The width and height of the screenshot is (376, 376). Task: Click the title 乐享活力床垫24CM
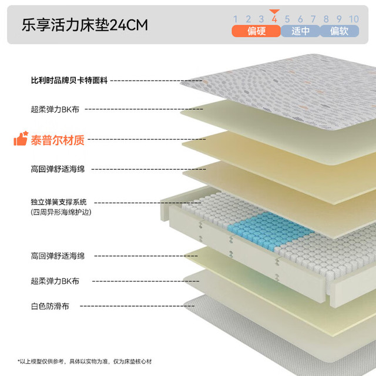(85, 25)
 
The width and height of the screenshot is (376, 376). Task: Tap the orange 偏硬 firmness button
(256, 31)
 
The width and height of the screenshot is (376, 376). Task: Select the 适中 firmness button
(300, 31)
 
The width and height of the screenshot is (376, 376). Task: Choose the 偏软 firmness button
(340, 31)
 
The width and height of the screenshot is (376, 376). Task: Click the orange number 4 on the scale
(274, 19)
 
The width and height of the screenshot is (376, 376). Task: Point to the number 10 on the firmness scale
(354, 19)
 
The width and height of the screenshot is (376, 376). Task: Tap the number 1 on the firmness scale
(235, 19)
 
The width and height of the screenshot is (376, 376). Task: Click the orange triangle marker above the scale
(274, 12)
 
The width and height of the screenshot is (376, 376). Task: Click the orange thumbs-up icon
(21, 139)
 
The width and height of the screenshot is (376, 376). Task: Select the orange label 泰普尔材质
(58, 140)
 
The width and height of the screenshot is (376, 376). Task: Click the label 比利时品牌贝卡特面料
(69, 80)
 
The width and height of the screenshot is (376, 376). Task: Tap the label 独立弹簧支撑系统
(59, 202)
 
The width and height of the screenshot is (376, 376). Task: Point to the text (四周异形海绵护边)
(61, 212)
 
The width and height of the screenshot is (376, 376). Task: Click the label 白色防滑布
(50, 306)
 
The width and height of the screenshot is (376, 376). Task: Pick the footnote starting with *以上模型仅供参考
(85, 361)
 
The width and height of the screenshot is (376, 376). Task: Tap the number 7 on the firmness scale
(313, 19)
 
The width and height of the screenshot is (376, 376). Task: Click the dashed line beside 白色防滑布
(137, 306)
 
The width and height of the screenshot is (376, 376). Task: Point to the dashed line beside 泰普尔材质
(147, 139)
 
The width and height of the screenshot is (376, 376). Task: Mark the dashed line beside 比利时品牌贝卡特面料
(156, 80)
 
